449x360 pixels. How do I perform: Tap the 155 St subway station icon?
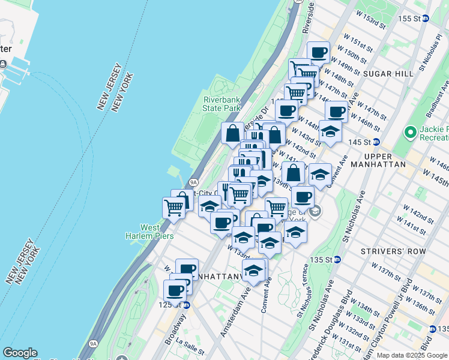pos(426,19)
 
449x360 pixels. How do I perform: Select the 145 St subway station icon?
pos(376,142)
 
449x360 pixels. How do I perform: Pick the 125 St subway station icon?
pos(186,305)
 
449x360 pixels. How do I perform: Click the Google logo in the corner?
pos(20,353)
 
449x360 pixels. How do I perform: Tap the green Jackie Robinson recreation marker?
pos(411,131)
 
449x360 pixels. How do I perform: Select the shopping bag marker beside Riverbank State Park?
pos(232,133)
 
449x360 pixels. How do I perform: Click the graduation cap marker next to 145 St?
pos(330,131)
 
